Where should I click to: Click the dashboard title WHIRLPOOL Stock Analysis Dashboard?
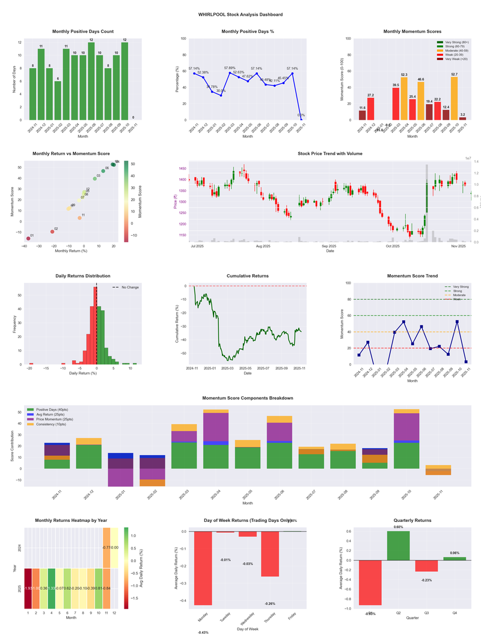tap(240, 14)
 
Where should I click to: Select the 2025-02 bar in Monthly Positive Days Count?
tap(58, 100)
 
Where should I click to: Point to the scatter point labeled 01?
tap(28, 239)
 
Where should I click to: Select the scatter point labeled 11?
tap(79, 218)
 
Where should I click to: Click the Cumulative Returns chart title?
tap(247, 276)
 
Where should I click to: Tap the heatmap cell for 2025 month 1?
tap(28, 588)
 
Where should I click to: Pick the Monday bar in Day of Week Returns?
tap(203, 568)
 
